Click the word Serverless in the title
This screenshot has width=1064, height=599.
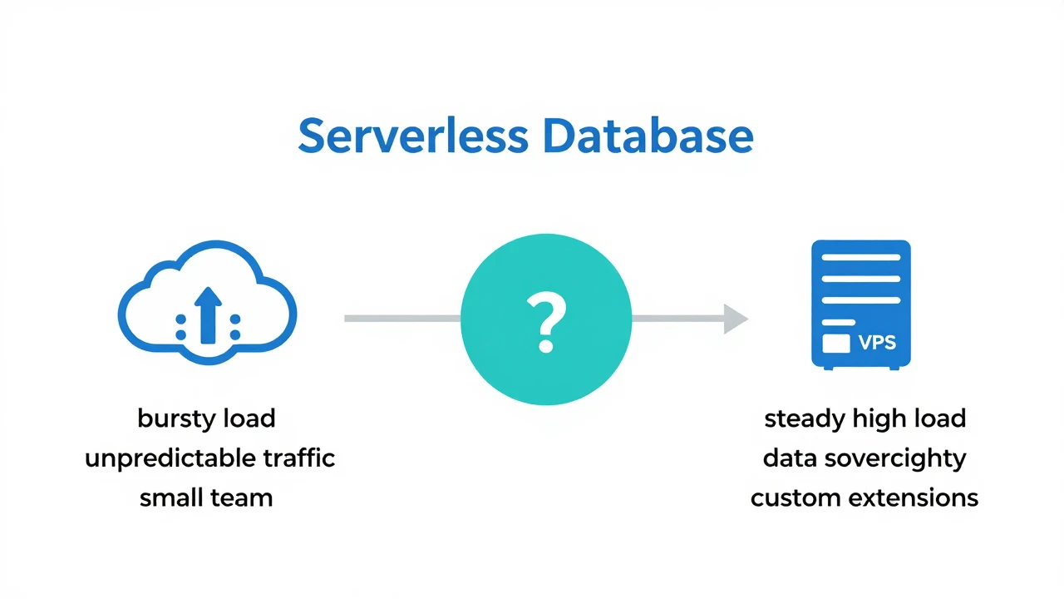pos(412,136)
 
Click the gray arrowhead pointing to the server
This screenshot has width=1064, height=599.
pos(735,319)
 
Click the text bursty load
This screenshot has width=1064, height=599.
pos(206,418)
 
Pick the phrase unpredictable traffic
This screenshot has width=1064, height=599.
pos(209,458)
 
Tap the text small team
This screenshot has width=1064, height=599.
pos(206,498)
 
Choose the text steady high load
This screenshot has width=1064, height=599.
pos(864,418)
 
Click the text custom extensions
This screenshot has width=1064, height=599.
pos(864,498)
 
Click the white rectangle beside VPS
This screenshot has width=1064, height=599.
pos(835,343)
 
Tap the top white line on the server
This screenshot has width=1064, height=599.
pos(860,257)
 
